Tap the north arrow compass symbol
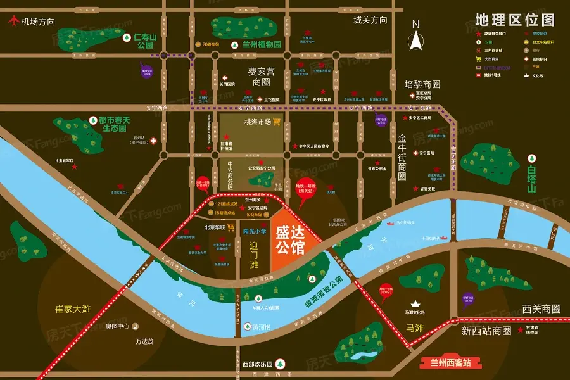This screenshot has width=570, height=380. pyautogui.click(x=416, y=37)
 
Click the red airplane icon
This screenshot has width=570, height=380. pyautogui.click(x=11, y=21)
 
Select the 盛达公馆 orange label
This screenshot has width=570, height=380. pyautogui.click(x=291, y=236)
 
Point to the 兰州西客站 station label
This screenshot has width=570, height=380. pyautogui.click(x=450, y=363)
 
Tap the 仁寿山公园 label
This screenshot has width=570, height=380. pyautogui.click(x=145, y=41)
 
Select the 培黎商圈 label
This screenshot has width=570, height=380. pyautogui.click(x=422, y=84)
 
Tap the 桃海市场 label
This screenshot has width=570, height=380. pyautogui.click(x=257, y=122)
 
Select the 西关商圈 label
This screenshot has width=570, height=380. pyautogui.click(x=541, y=309)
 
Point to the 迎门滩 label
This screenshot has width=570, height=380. pyautogui.click(x=254, y=255)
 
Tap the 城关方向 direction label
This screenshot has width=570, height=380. pyautogui.click(x=370, y=20)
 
